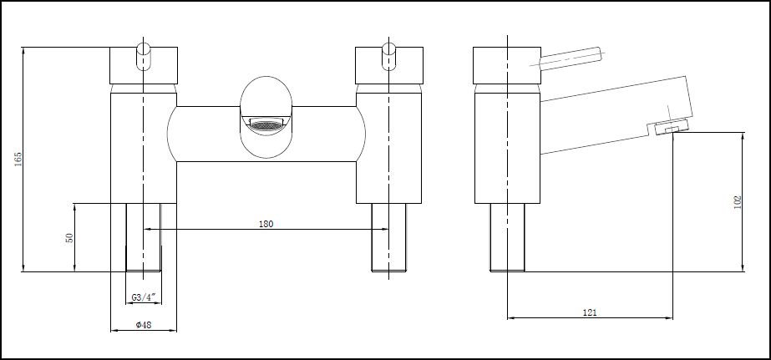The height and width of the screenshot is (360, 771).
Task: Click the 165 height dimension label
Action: point(19,159)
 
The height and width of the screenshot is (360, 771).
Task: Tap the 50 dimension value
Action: point(70,237)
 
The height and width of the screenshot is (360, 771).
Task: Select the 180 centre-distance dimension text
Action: point(266,223)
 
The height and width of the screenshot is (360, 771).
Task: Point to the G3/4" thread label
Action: point(144,297)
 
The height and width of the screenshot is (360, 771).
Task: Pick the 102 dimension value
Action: point(736,201)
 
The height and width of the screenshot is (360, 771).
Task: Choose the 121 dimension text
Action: point(590,312)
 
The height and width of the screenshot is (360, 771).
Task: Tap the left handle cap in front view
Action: point(144,65)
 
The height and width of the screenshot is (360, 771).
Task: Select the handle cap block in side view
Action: point(506,65)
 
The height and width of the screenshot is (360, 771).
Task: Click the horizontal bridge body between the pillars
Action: point(209,134)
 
